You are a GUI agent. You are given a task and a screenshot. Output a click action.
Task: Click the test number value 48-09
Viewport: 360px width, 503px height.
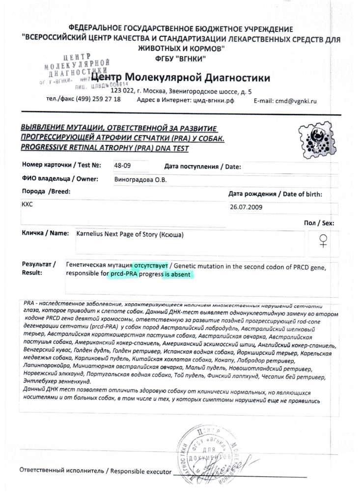(x=123, y=166)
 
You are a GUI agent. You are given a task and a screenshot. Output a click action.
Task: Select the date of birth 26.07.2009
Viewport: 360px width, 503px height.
(x=247, y=207)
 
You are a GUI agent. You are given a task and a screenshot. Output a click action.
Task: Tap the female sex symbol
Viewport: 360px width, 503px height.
(x=324, y=240)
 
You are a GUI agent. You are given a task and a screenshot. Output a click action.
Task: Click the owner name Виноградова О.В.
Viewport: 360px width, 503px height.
(x=140, y=179)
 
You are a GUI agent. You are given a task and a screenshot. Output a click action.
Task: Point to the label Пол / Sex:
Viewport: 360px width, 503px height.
(x=318, y=224)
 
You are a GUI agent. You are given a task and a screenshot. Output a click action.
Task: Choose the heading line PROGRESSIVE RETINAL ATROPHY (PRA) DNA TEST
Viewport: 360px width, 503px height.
(x=105, y=147)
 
